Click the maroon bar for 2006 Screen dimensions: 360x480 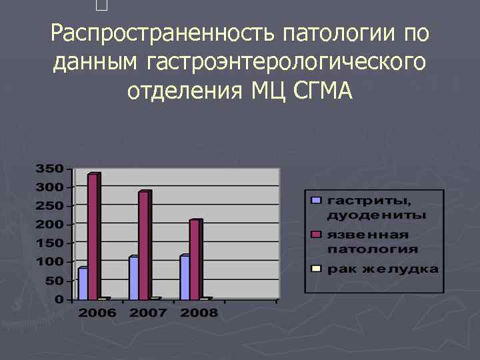pos(93,236)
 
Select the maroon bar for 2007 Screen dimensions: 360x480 pos(143,245)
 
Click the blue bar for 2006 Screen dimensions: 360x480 pos(83,283)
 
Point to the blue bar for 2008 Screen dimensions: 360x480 pos(185,277)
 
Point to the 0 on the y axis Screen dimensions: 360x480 pos(60,299)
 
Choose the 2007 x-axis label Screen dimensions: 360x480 pos(147,313)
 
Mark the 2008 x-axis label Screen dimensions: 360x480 pos(199,313)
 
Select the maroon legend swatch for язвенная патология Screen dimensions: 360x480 pos(317,234)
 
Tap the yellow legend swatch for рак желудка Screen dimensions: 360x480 pos(317,269)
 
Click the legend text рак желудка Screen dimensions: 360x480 pos(383,269)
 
